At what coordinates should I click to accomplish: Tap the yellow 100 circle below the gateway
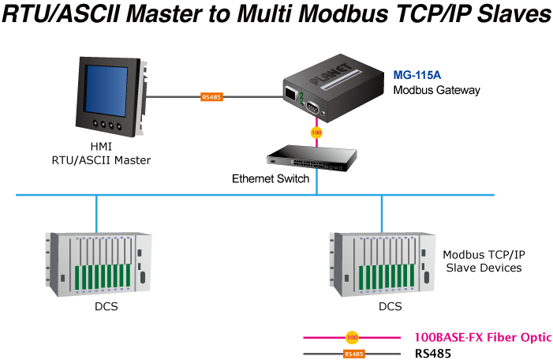tap(316, 133)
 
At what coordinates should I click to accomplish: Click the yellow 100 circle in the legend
tap(353, 337)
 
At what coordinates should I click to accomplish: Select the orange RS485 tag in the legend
tap(354, 354)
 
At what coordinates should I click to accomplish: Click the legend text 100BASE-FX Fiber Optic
tap(483, 337)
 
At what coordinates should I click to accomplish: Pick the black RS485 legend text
tap(432, 354)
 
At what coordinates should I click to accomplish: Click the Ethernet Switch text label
tap(271, 178)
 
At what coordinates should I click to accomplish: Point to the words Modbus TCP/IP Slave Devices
tap(483, 261)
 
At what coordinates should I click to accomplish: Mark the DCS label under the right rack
tap(389, 306)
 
